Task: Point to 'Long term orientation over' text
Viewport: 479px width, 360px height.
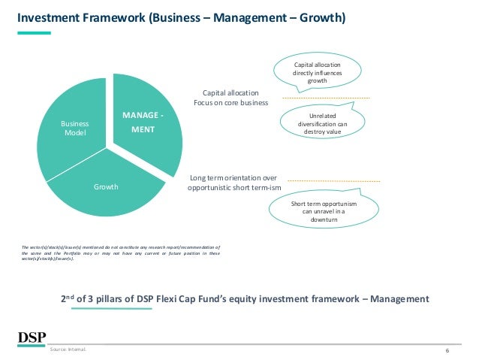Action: click(x=230, y=177)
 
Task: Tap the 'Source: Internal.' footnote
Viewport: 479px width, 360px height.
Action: click(x=68, y=350)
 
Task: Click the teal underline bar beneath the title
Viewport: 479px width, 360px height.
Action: click(x=35, y=33)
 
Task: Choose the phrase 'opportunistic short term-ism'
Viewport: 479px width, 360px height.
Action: click(x=233, y=187)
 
